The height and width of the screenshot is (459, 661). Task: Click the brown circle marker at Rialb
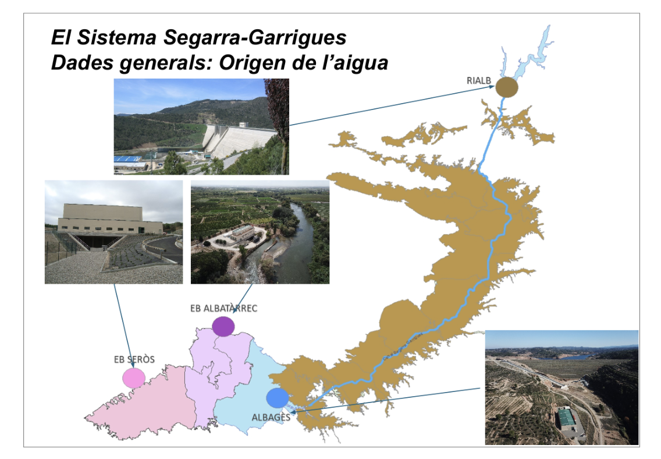click(506, 87)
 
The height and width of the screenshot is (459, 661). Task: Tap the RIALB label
click(478, 80)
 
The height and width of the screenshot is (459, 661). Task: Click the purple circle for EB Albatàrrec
click(223, 326)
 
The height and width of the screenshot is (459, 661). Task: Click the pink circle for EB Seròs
click(134, 378)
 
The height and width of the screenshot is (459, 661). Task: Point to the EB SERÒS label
click(134, 359)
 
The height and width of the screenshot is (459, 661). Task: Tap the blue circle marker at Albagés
click(278, 398)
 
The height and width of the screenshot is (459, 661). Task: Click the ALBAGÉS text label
click(271, 417)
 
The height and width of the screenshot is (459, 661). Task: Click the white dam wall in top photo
click(239, 140)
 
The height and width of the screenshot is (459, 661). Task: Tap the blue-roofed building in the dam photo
click(128, 159)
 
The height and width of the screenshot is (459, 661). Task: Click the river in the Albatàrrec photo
click(303, 245)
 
